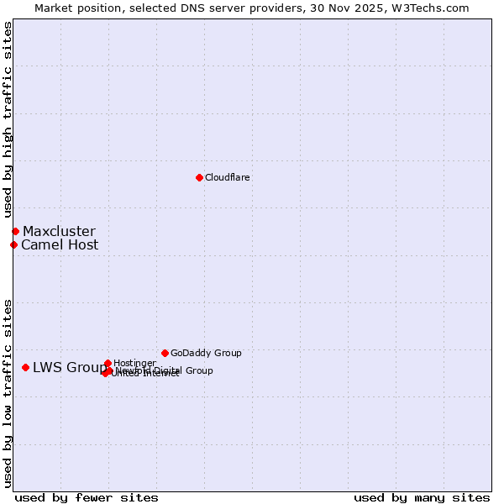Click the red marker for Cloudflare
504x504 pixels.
pos(199,177)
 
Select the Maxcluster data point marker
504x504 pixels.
pos(15,231)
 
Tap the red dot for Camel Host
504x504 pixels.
pos(13,244)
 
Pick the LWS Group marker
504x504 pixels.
pos(26,367)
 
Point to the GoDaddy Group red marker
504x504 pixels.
pos(165,353)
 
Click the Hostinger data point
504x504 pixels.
pos(108,363)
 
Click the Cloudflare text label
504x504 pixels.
pos(227,177)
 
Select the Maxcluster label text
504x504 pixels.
pos(59,231)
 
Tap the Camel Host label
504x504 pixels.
pos(60,245)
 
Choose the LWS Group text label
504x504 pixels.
pos(70,367)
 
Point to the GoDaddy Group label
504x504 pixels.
pos(206,353)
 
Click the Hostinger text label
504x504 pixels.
pos(134,363)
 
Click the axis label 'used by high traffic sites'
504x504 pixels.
pos(8,119)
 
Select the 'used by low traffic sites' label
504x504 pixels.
pos(8,393)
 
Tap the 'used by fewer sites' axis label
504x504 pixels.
pos(87,497)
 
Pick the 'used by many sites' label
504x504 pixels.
pos(422,497)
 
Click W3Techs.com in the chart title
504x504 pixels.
pos(433,8)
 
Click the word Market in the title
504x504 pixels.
pos(54,8)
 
